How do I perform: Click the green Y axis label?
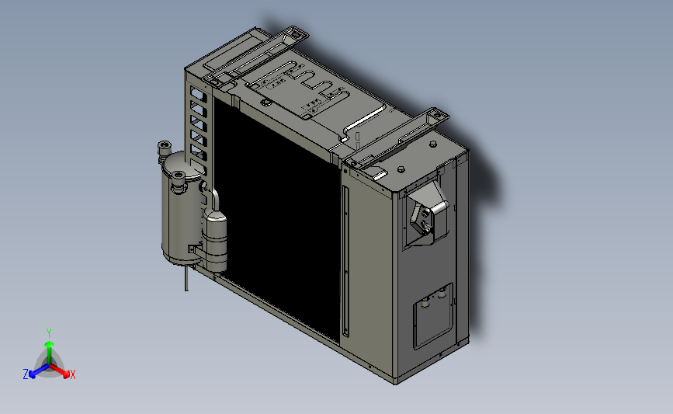49,333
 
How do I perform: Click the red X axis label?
72,374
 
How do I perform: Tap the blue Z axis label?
26,374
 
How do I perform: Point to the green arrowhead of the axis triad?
50,344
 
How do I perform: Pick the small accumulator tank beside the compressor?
214,241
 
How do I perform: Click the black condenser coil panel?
277,219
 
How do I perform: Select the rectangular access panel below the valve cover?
433,315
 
